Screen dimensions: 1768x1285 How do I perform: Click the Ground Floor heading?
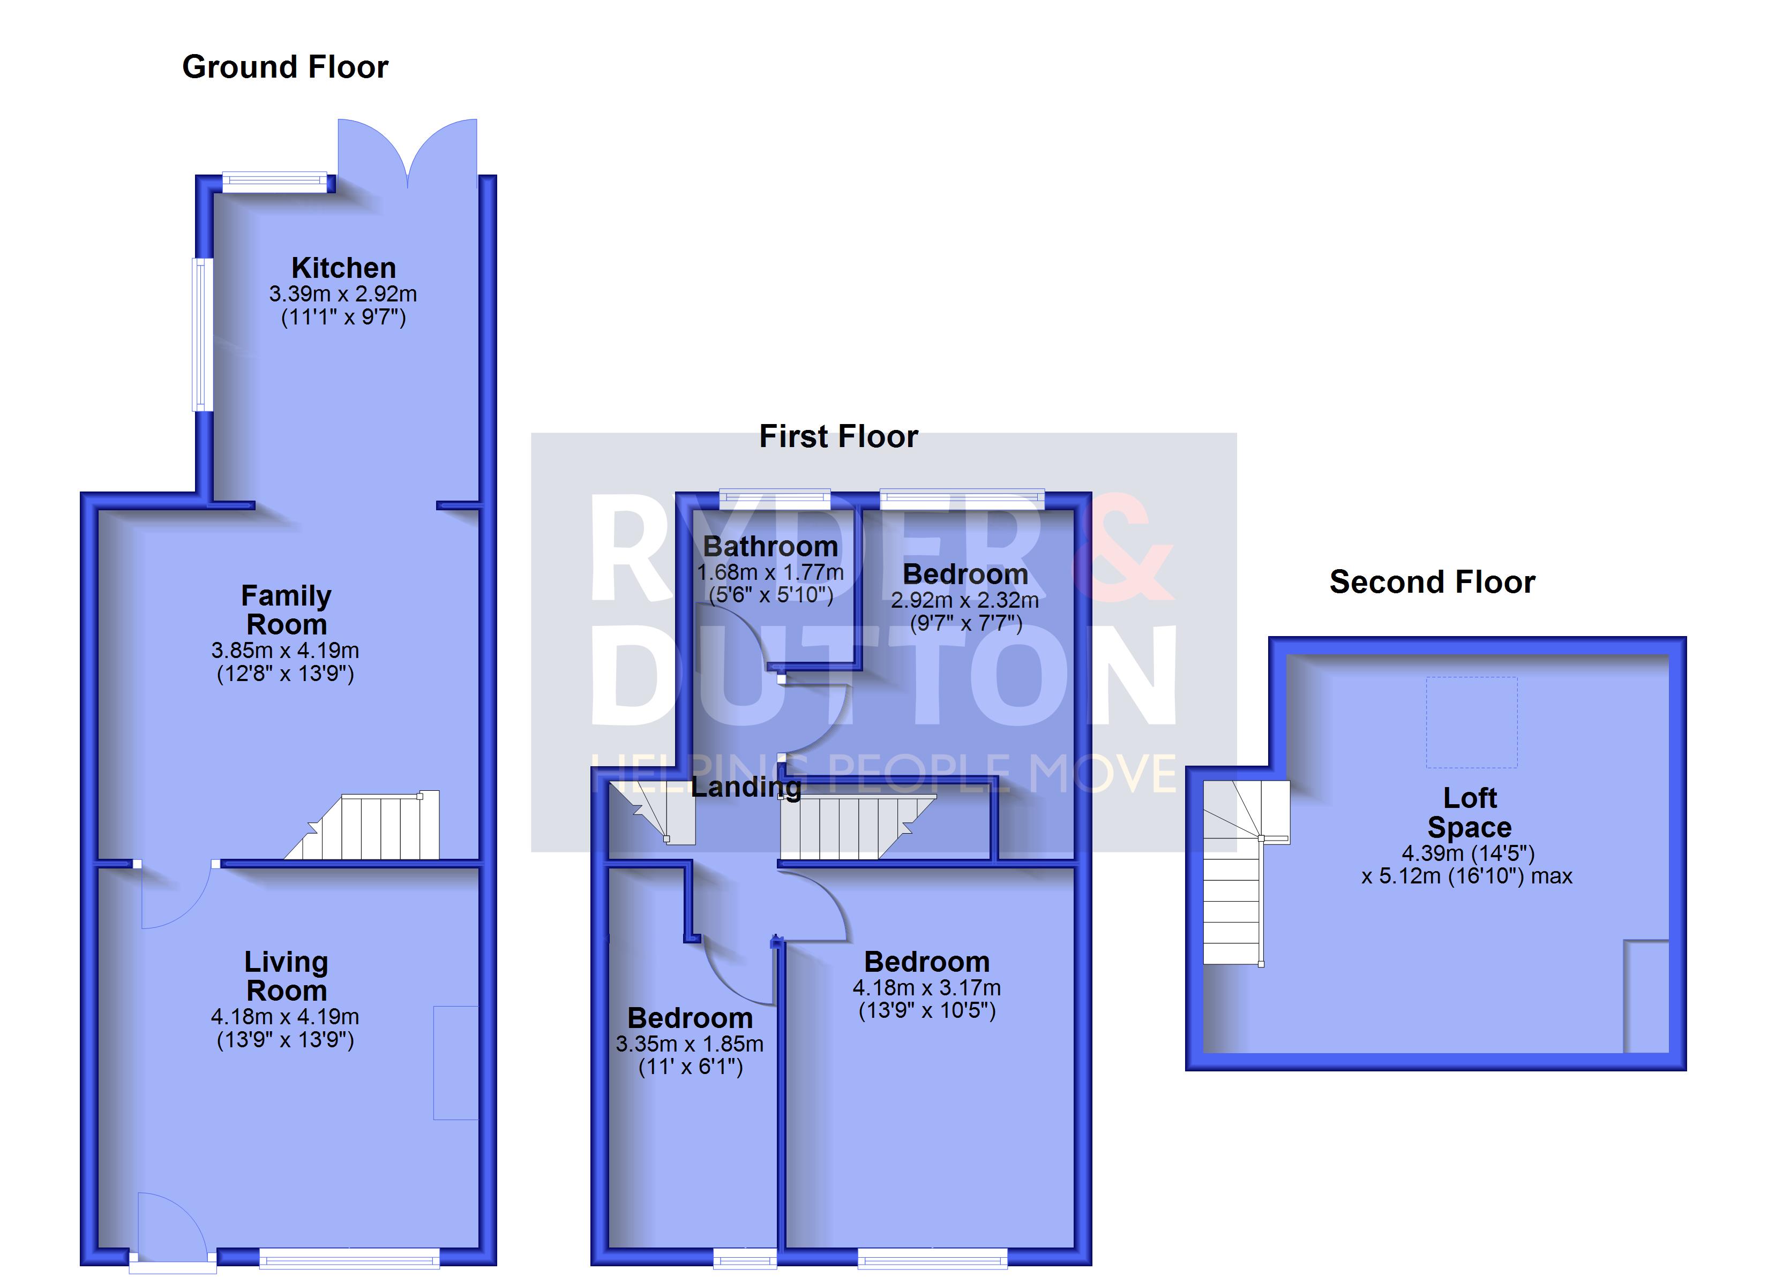[x=286, y=67]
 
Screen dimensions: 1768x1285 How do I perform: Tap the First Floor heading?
[x=839, y=436]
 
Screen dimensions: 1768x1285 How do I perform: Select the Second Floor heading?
[x=1432, y=582]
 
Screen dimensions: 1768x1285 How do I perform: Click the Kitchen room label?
[x=344, y=268]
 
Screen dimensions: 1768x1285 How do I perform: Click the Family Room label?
[x=286, y=610]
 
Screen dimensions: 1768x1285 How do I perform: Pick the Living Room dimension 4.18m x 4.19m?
[x=286, y=1016]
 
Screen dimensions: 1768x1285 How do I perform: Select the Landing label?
[x=746, y=787]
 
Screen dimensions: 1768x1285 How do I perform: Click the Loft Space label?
[x=1470, y=812]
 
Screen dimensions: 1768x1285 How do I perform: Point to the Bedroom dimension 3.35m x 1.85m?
[x=690, y=1044]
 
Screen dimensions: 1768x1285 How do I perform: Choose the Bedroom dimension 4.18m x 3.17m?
[x=927, y=987]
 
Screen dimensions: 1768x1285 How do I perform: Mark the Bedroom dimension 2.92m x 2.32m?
[x=965, y=600]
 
